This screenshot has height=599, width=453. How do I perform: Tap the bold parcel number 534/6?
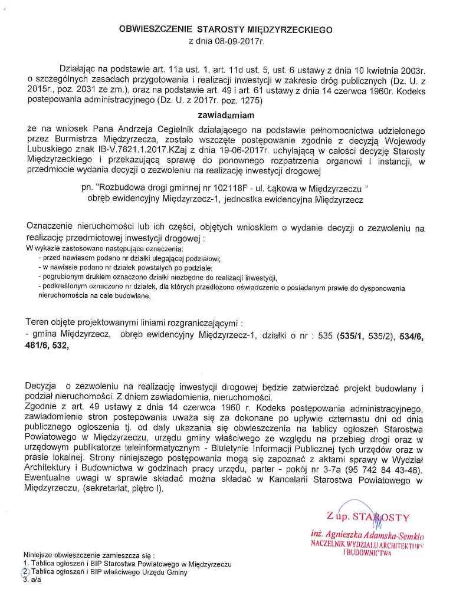pos(411,336)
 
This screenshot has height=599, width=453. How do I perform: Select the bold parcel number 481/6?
pos(37,347)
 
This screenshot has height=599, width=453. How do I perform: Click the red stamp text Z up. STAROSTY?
pos(372,518)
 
